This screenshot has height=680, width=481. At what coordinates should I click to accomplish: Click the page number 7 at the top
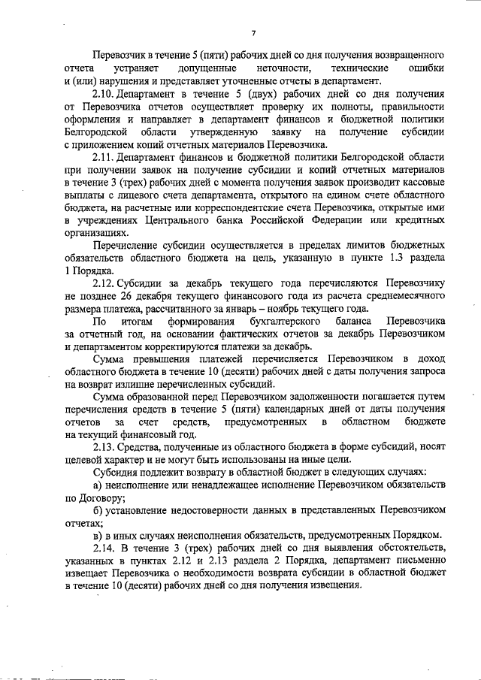253,32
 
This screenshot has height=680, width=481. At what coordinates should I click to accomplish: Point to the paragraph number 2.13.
104,448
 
